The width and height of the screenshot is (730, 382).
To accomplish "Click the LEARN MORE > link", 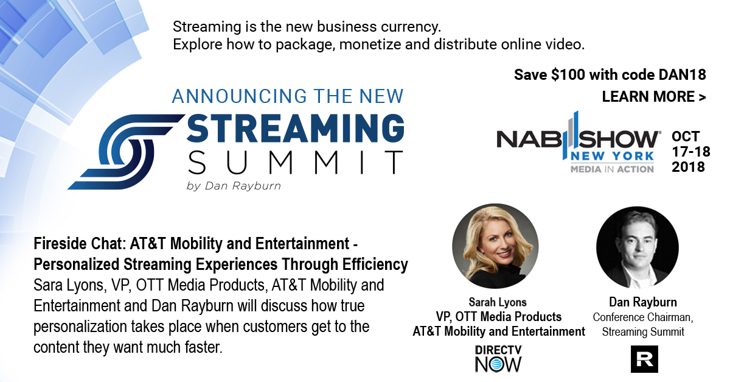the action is tap(654, 97).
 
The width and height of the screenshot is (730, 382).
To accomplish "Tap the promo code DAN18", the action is tap(682, 75).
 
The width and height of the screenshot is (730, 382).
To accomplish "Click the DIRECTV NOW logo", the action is tap(498, 358).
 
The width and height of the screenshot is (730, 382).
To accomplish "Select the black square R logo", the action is tap(644, 359).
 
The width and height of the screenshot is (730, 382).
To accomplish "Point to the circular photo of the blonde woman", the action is tap(495, 246).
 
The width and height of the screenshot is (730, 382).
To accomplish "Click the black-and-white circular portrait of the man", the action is tap(638, 247).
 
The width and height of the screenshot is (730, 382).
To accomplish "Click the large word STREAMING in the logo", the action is tap(296, 128).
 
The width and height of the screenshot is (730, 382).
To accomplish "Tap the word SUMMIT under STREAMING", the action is tap(296, 162).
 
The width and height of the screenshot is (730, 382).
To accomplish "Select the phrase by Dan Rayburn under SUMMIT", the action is tap(234, 186).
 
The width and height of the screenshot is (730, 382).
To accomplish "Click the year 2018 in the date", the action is tap(688, 167).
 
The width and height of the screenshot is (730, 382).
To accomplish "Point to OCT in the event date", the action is tap(686, 136).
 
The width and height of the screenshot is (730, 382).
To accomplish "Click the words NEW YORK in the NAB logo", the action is tap(613, 156).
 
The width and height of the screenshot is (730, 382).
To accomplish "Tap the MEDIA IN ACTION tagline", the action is tap(612, 169).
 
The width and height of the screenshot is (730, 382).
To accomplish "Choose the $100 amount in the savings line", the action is tap(568, 75).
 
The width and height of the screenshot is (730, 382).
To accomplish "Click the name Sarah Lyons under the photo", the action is tap(498, 302).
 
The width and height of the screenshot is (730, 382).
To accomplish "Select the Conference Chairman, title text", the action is tap(643, 317).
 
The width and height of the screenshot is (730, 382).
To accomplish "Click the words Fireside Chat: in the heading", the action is tap(80, 244).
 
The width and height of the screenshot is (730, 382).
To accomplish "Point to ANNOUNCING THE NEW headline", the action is tap(288, 96).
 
